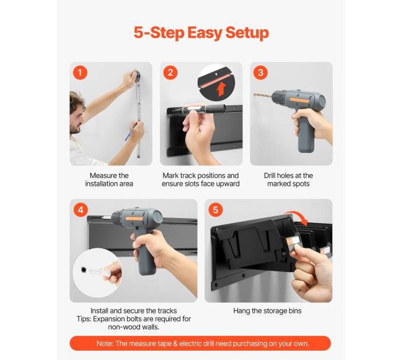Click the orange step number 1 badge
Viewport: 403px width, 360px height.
click(80, 72)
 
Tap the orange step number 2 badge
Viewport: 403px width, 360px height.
click(170, 72)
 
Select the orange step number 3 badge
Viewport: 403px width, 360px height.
click(260, 72)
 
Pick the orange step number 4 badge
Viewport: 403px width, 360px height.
click(81, 210)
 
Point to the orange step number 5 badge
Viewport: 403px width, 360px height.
click(215, 210)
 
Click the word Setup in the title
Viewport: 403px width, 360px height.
click(247, 33)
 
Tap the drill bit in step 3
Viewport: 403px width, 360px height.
click(262, 95)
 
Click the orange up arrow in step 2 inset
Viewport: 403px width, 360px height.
click(221, 89)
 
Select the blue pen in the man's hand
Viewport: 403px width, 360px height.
click(131, 131)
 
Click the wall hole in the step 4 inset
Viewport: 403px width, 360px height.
click(84, 270)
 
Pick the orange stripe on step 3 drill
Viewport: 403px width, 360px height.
click(300, 100)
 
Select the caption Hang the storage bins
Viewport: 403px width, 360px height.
click(267, 311)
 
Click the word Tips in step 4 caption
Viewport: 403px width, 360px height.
click(84, 319)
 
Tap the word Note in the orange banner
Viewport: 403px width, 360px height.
click(105, 343)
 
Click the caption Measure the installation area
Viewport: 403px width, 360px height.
click(109, 180)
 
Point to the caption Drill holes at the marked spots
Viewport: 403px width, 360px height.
click(288, 180)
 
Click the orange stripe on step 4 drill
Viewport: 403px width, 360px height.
click(134, 219)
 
